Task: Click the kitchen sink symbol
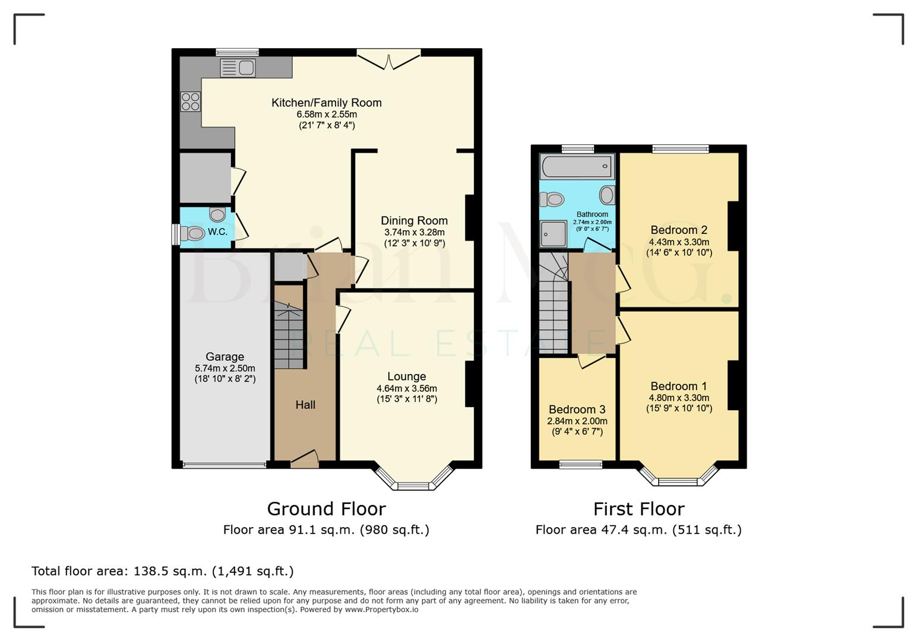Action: [x=238, y=68]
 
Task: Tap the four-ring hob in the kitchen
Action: [x=191, y=101]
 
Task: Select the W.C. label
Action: [x=217, y=231]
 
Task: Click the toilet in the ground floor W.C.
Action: [x=192, y=234]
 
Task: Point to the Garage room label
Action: [x=224, y=357]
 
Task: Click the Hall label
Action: [x=305, y=405]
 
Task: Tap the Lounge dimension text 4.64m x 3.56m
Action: [x=406, y=388]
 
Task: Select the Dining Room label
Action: [x=414, y=221]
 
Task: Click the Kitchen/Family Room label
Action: [x=326, y=103]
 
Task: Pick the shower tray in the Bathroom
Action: [x=554, y=234]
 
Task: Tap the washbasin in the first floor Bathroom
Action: [x=607, y=195]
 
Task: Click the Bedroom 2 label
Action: [x=678, y=230]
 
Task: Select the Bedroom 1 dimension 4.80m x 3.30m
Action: [x=679, y=398]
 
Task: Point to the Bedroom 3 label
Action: [x=577, y=410]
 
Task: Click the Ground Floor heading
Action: [x=326, y=509]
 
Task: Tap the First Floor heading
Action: [x=638, y=509]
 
